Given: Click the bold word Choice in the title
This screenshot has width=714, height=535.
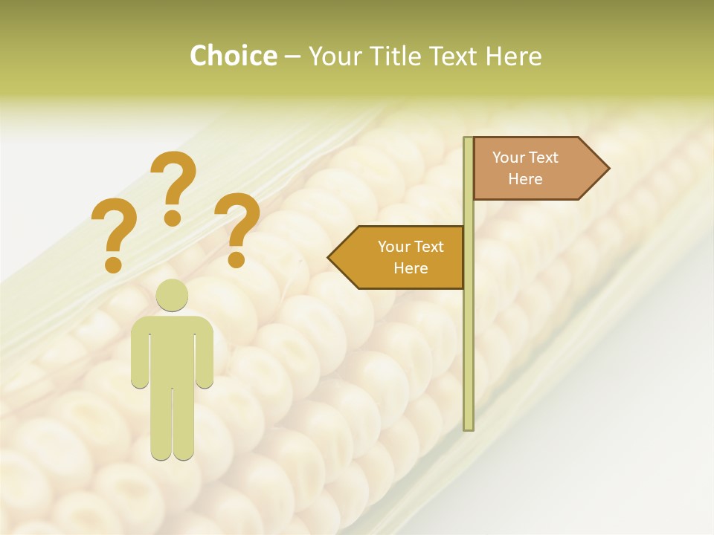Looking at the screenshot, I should [233, 56].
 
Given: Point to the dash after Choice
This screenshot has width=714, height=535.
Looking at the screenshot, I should [292, 56].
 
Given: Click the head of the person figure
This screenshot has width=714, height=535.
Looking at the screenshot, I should [172, 295].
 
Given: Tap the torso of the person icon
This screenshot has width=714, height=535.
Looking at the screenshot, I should [172, 349].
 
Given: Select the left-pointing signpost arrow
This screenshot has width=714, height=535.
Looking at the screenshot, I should [398, 257].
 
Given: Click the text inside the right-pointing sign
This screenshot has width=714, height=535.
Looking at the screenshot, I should [525, 169].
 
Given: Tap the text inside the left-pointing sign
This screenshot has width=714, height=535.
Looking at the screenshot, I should [410, 257].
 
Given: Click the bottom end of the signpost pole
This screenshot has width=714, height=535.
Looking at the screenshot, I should [469, 427].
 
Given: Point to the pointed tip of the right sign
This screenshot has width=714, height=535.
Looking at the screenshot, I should [608, 169].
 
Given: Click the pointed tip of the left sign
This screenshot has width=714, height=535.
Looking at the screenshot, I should [330, 258].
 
